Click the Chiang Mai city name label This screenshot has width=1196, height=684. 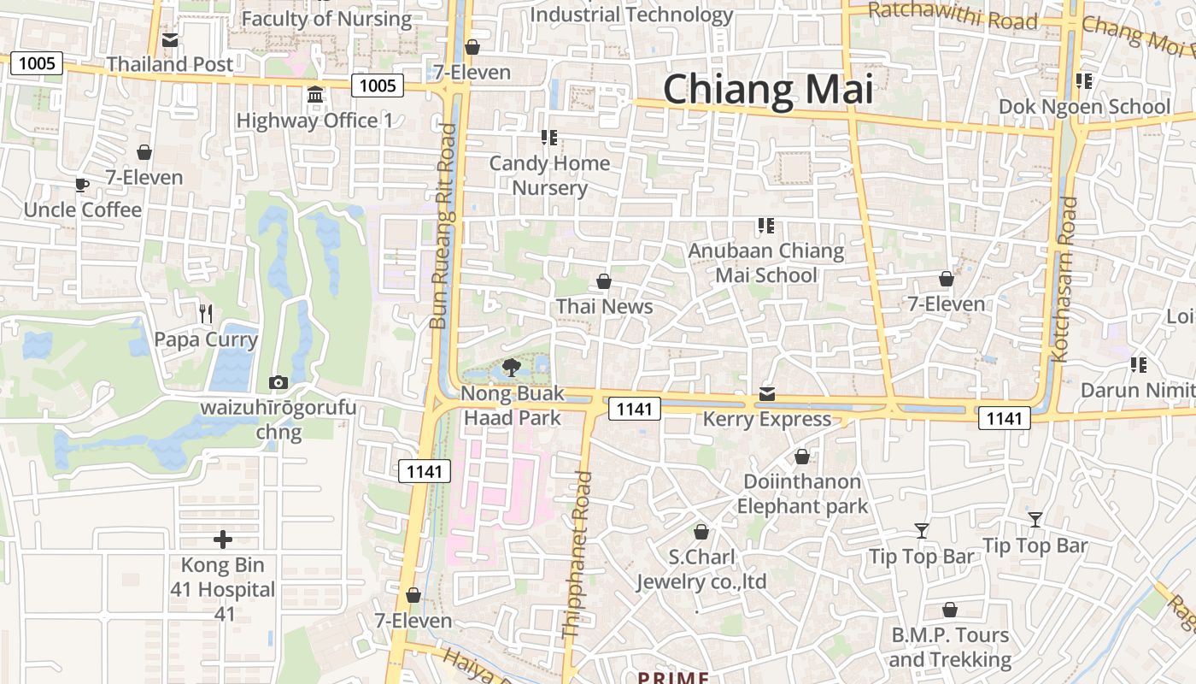click(x=768, y=90)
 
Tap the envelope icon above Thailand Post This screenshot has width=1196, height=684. click(x=170, y=40)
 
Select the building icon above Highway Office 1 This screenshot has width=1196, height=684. click(x=315, y=94)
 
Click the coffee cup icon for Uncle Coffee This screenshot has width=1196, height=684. click(x=82, y=185)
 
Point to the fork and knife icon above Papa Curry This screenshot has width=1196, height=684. click(x=205, y=314)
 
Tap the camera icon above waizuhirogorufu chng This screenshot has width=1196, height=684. click(x=278, y=382)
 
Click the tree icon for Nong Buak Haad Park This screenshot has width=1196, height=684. click(x=512, y=368)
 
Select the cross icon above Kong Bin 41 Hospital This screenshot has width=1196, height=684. click(x=223, y=540)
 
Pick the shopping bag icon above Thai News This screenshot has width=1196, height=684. click(x=604, y=281)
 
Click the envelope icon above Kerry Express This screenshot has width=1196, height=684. click(x=767, y=394)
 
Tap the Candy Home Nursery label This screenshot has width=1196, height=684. click(x=549, y=175)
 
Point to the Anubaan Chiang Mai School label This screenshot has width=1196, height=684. click(x=766, y=263)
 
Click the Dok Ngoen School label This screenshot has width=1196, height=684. click(x=1084, y=107)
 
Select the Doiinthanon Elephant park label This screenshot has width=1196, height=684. click(x=802, y=493)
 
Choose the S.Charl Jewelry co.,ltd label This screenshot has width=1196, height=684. click(x=701, y=569)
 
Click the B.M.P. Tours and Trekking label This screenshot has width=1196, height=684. click(x=949, y=647)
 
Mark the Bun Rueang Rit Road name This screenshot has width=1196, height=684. click(x=443, y=227)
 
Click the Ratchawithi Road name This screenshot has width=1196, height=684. click(x=952, y=16)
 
